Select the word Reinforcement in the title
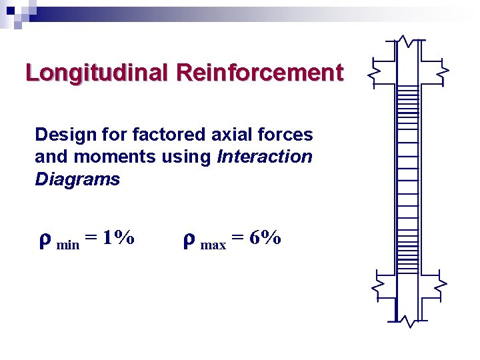coord(260,73)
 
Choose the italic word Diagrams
coord(77,179)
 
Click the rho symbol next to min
coord(45,239)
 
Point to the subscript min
coord(68,244)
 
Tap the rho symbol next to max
coord(189,239)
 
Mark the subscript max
coord(213,245)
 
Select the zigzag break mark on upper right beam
coord(443,69)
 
